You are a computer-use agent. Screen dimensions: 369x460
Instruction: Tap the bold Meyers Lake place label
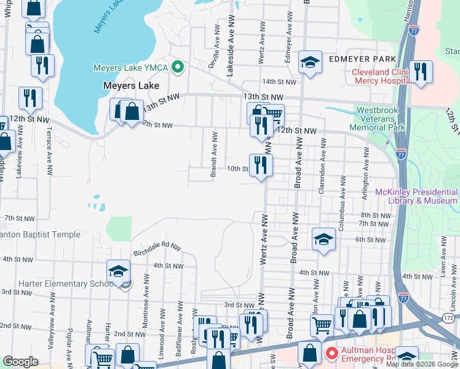(x=130, y=85)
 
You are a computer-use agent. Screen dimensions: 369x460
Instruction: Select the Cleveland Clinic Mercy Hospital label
(x=380, y=76)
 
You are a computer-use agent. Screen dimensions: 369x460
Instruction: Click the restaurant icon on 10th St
(x=261, y=165)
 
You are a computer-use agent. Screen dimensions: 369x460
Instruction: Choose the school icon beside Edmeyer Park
(x=311, y=61)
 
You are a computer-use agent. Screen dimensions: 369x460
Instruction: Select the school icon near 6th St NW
(x=323, y=239)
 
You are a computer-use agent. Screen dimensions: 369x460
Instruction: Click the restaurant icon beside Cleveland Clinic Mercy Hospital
(x=421, y=71)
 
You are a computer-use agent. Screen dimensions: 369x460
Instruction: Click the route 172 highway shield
(x=448, y=317)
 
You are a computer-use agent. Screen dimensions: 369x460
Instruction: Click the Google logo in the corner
(x=20, y=362)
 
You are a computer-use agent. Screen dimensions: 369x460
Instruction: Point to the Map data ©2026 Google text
(x=421, y=364)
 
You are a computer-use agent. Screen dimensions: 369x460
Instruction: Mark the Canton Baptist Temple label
(x=40, y=234)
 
